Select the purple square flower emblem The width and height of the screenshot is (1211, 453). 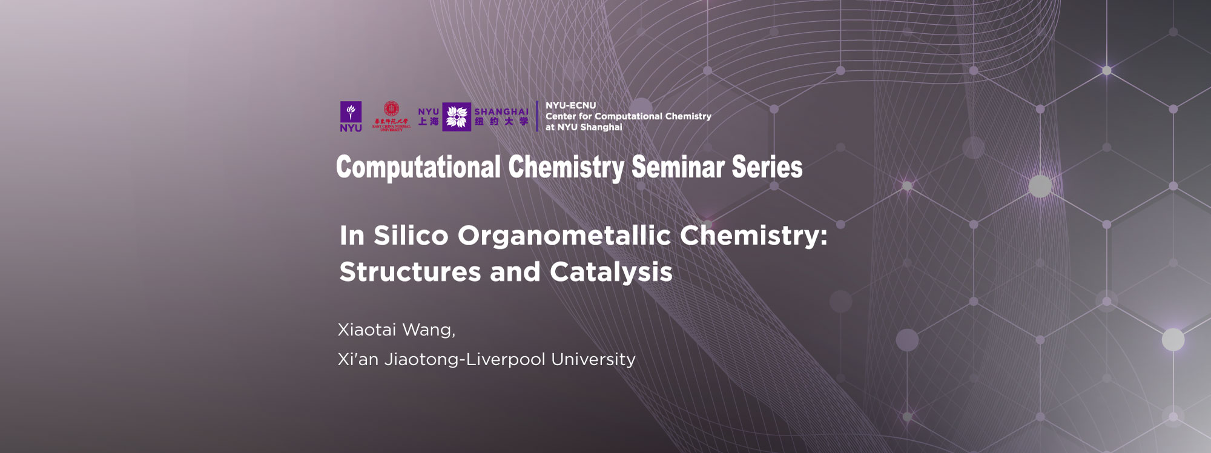[457, 116]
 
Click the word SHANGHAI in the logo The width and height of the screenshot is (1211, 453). [501, 112]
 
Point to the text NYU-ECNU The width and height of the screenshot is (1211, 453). [570, 105]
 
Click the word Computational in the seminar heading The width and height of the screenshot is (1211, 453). [418, 168]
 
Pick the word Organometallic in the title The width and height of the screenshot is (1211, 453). [564, 236]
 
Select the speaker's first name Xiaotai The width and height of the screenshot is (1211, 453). [366, 330]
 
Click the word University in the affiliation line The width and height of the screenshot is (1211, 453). [593, 360]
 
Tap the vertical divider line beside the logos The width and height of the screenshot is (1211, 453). [537, 116]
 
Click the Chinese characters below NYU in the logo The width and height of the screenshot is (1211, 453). [429, 122]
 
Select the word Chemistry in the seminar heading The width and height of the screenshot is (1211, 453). [566, 168]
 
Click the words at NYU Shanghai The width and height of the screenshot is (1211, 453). [584, 127]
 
